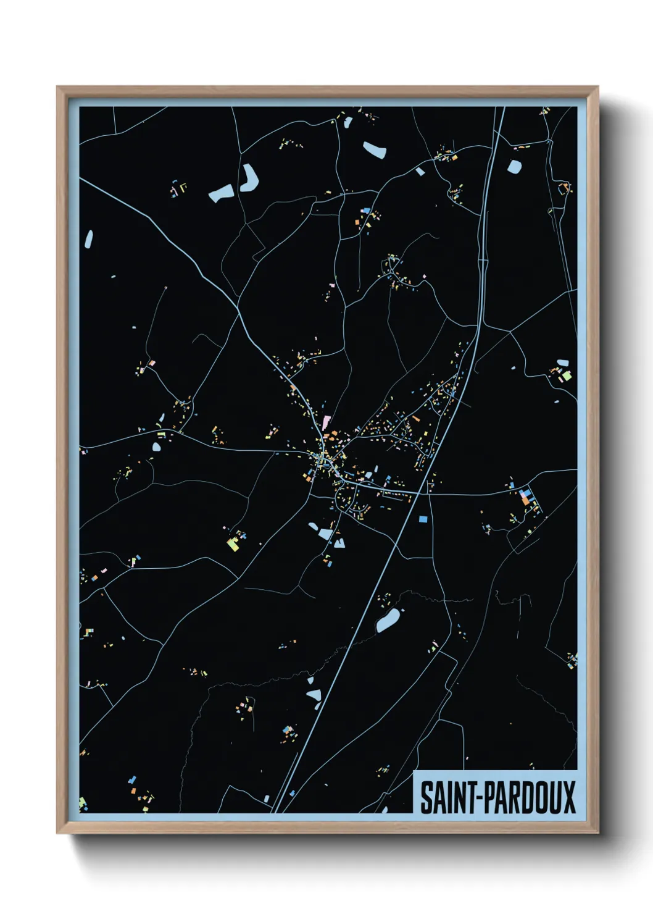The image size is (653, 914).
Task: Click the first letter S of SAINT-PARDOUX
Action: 425,797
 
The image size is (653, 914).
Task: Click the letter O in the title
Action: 539,797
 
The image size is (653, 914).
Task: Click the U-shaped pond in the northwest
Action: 249,178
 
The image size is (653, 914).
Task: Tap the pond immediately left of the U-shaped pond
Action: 222,194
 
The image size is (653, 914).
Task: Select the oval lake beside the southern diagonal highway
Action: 388,620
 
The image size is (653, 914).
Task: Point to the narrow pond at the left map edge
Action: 89,239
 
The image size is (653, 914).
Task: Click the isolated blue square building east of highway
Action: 423,519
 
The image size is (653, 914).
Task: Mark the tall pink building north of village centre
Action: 326,422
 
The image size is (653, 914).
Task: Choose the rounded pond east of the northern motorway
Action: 514,166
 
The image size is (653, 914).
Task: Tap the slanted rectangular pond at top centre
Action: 375,149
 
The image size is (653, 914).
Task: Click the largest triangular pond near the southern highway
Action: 314,695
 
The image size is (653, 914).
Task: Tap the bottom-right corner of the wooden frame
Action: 597,832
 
